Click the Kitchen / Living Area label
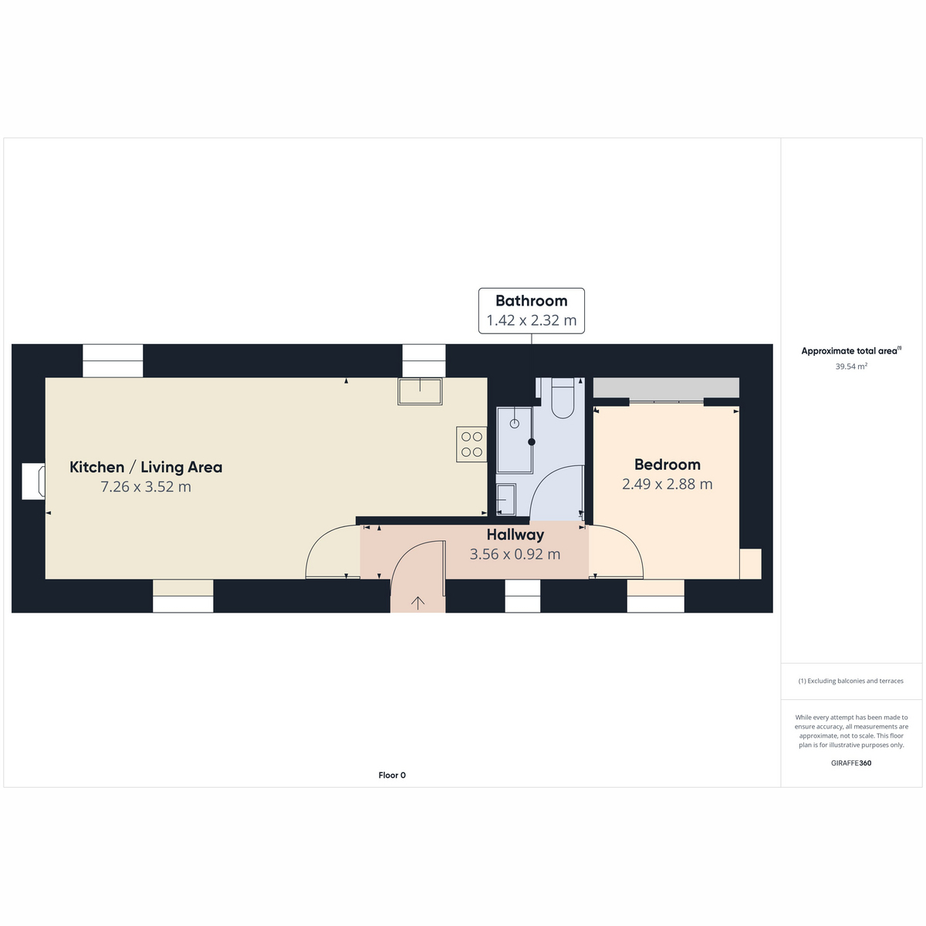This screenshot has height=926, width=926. click(146, 467)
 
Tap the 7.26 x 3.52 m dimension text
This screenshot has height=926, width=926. click(146, 486)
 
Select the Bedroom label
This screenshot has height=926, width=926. click(667, 465)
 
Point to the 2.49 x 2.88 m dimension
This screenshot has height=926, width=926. click(667, 484)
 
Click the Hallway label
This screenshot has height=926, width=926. click(515, 534)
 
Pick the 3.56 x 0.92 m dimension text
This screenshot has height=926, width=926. click(515, 554)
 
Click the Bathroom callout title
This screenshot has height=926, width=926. click(531, 301)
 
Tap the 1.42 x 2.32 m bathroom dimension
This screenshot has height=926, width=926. click(531, 320)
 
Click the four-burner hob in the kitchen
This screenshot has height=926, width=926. click(471, 444)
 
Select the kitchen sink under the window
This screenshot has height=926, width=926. click(420, 391)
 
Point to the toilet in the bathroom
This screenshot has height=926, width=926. click(563, 397)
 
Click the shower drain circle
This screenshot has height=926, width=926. click(514, 424)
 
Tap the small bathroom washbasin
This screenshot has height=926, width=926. click(505, 500)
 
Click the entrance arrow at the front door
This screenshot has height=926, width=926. click(417, 603)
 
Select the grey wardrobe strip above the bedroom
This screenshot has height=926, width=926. click(665, 387)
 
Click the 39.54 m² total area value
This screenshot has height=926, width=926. click(851, 367)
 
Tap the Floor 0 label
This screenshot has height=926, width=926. click(392, 775)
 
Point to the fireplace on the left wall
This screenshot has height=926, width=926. click(34, 482)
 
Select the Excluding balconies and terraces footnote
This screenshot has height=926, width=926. click(850, 681)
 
